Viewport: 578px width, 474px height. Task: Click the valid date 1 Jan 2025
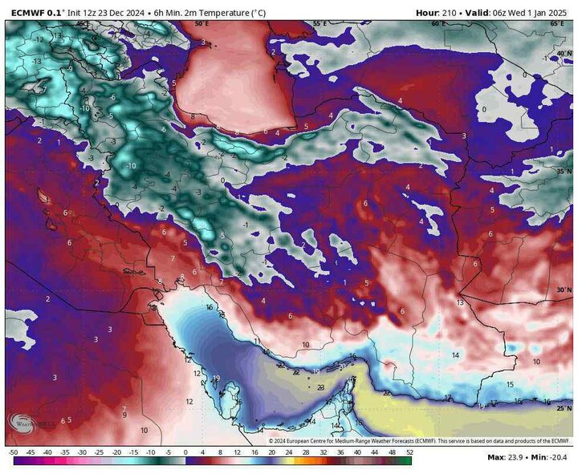pos(547,12)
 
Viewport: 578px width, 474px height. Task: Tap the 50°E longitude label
pos(201,24)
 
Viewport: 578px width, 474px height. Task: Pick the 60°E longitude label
pos(438,24)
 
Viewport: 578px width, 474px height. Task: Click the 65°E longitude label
pos(557,24)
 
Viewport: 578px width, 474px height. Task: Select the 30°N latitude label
pos(562,290)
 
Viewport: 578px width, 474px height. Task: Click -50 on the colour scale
pos(13,452)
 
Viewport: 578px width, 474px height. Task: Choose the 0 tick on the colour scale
pos(185,452)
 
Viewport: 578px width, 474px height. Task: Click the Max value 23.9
pos(517,458)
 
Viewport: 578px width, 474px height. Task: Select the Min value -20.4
pos(559,458)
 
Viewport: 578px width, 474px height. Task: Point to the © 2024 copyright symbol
pos(272,440)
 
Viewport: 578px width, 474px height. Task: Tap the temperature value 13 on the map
pos(460,302)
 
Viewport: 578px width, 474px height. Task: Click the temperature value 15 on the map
pos(509,384)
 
